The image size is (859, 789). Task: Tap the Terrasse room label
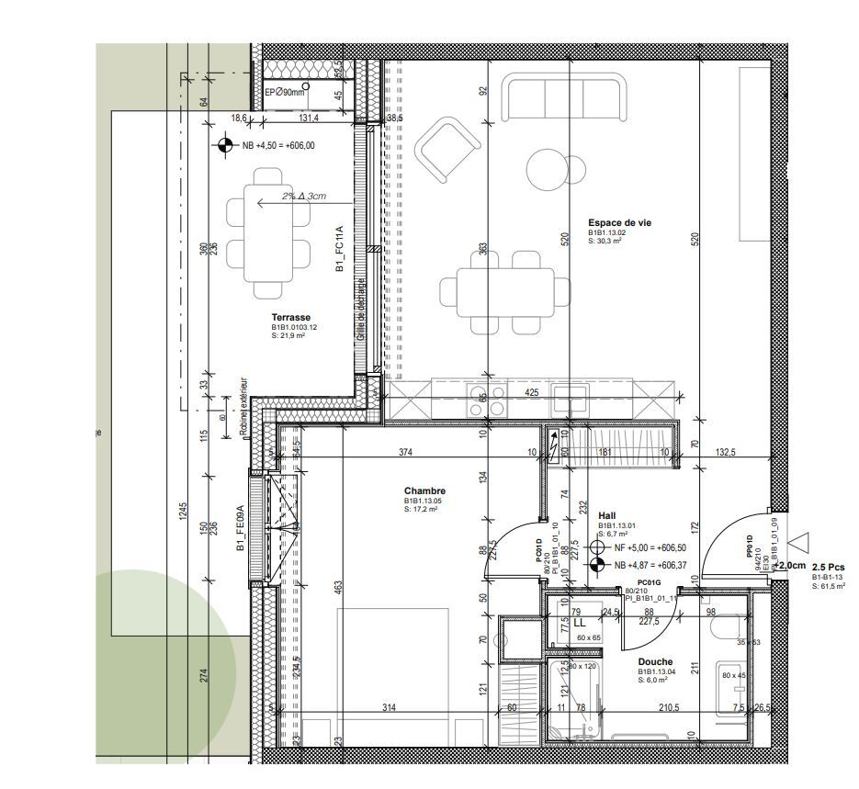290,318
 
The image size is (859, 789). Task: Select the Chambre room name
424,491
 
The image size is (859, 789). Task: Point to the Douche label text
655,662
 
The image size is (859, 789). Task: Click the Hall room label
606,516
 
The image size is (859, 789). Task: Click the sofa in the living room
564,99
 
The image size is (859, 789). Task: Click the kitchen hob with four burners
489,401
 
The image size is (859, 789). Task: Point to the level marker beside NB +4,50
224,145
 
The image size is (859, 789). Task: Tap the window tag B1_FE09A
240,527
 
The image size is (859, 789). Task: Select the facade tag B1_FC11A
339,249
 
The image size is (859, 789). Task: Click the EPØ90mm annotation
284,93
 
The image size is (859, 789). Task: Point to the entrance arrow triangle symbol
799,544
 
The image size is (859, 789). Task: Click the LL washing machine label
580,622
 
